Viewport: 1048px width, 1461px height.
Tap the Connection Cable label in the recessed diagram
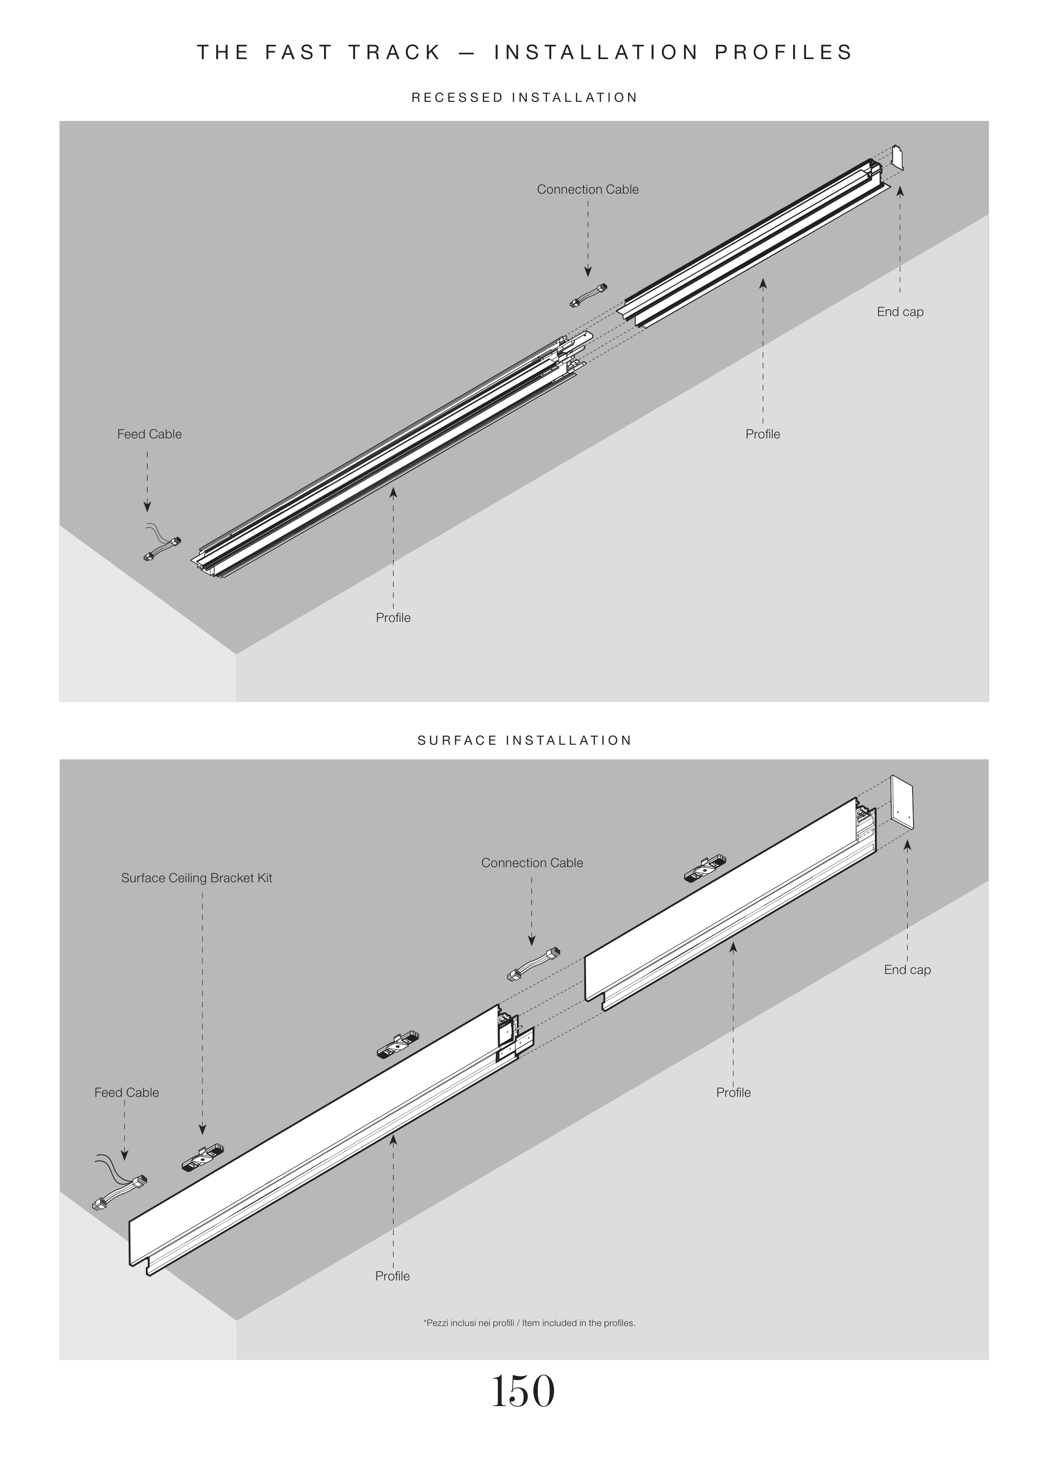pos(587,189)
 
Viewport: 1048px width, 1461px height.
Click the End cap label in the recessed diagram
pos(900,312)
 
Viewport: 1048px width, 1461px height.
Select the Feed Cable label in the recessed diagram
pos(149,434)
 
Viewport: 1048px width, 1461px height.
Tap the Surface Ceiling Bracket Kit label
pos(197,878)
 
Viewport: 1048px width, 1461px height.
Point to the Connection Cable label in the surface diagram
pos(532,863)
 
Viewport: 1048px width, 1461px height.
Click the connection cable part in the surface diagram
pos(533,964)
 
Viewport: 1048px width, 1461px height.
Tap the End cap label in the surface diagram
pos(907,969)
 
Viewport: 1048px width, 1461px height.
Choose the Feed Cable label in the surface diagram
pos(126,1093)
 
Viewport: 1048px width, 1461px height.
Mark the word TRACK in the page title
pos(394,52)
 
